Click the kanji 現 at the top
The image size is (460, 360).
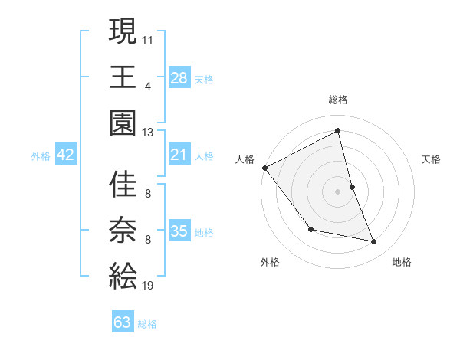123,31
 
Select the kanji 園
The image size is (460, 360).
123,123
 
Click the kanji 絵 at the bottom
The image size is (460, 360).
123,276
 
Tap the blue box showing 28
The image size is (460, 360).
179,77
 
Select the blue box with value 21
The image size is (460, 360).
179,155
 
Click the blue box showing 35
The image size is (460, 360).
179,231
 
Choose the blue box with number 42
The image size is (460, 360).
66,155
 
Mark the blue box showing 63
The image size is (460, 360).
123,322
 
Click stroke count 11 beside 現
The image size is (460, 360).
148,38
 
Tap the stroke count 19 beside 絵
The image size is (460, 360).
148,286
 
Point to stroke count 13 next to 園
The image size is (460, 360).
148,132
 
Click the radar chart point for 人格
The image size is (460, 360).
264,168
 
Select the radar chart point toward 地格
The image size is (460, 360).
374,242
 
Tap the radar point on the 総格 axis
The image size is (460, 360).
338,131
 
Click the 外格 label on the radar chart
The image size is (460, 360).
270,262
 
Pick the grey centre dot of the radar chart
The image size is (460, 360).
338,191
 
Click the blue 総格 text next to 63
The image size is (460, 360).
148,324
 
